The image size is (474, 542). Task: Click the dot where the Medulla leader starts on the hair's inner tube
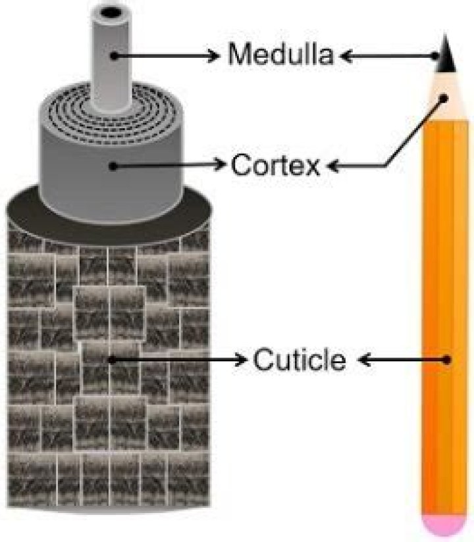[x=114, y=55]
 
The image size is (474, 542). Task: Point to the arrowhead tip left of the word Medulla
[x=219, y=55]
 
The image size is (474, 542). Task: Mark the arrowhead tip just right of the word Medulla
[x=340, y=56]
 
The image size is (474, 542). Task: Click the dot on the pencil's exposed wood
[x=444, y=99]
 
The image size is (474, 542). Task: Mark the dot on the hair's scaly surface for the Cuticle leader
[x=111, y=360]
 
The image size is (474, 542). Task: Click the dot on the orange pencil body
[x=447, y=360]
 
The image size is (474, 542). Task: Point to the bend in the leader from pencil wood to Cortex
[x=386, y=166]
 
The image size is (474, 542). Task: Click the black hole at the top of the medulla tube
[x=111, y=12]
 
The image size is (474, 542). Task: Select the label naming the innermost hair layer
[x=280, y=55]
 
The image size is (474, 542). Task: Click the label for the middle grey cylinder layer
[x=275, y=165]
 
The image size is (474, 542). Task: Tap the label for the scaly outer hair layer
[x=300, y=359]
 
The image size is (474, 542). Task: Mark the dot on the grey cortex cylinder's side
[x=113, y=166]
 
